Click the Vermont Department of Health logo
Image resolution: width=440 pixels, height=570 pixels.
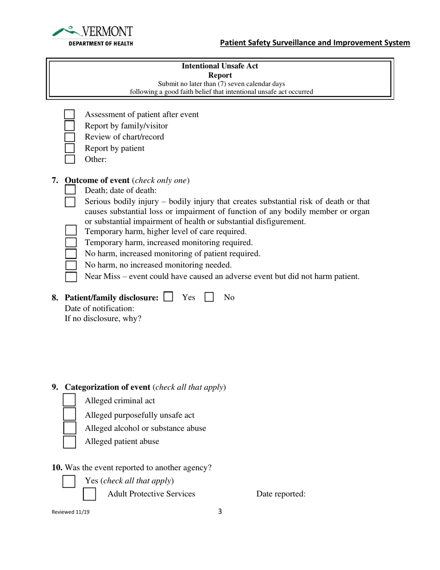point(93,36)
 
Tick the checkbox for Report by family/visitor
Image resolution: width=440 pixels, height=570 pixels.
point(69,126)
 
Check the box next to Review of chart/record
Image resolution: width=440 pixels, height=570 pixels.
point(69,137)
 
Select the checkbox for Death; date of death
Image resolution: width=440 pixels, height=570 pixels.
point(69,190)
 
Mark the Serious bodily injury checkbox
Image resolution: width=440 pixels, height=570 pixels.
point(69,202)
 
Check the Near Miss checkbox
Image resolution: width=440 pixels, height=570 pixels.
point(70,277)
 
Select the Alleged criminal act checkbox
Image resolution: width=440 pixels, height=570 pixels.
point(69,400)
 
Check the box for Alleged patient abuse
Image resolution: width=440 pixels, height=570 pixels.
point(69,441)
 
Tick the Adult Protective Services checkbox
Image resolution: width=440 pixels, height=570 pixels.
point(89,494)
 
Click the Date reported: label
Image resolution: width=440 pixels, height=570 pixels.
point(281,494)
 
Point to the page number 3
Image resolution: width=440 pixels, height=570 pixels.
point(220,512)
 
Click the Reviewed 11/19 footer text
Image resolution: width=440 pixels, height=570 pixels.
point(71,513)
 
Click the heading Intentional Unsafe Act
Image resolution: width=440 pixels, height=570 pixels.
point(220,66)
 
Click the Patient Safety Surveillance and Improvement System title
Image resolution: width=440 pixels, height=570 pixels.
point(315,43)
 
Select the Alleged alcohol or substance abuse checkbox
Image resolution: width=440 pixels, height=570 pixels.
point(69,428)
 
